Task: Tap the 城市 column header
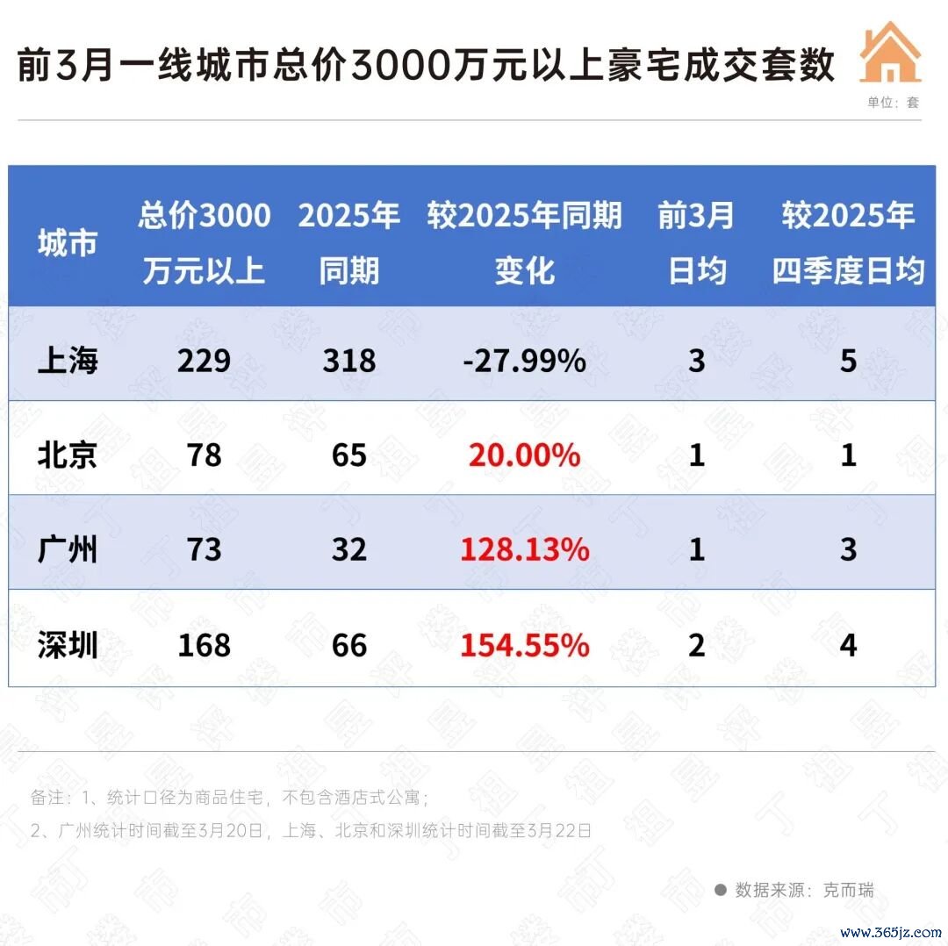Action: pos(67,243)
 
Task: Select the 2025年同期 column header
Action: pos(348,243)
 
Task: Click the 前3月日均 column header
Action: pos(696,243)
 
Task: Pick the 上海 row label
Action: pos(67,361)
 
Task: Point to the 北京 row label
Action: pos(67,455)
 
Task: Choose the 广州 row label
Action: pos(67,549)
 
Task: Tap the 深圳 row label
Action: pos(67,645)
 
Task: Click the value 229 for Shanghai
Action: pos(204,361)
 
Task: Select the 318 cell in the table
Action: pos(348,361)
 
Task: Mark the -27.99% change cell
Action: pos(524,361)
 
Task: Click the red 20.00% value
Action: pos(524,455)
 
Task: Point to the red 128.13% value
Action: pos(524,549)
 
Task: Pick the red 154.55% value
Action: pos(524,645)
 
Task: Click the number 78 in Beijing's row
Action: pos(204,455)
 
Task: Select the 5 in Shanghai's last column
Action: pos(848,361)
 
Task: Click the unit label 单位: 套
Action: pos(893,102)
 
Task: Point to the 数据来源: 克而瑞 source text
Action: pos(794,890)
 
